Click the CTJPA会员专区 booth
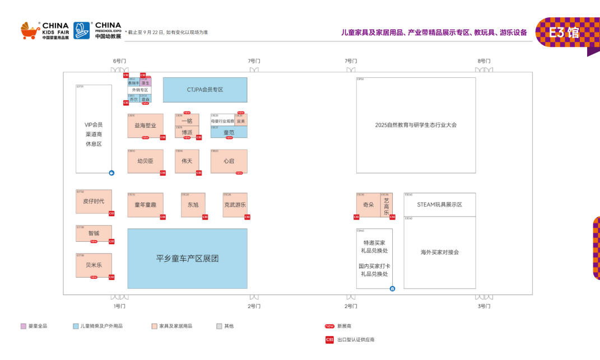(205, 90)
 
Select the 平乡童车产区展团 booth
(187, 258)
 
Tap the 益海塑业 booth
(145, 125)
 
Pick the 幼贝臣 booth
(145, 161)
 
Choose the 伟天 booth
(187, 161)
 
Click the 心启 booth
(229, 161)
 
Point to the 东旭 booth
(193, 205)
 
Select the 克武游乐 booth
(235, 205)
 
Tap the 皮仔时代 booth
(94, 201)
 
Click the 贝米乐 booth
(94, 265)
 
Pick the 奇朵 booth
(368, 205)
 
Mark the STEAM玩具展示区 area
(440, 205)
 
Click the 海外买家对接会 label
(440, 253)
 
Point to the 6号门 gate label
(119, 60)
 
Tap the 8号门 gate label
(484, 60)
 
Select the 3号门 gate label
(484, 306)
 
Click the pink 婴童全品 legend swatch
(24, 326)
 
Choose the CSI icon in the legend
(329, 339)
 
